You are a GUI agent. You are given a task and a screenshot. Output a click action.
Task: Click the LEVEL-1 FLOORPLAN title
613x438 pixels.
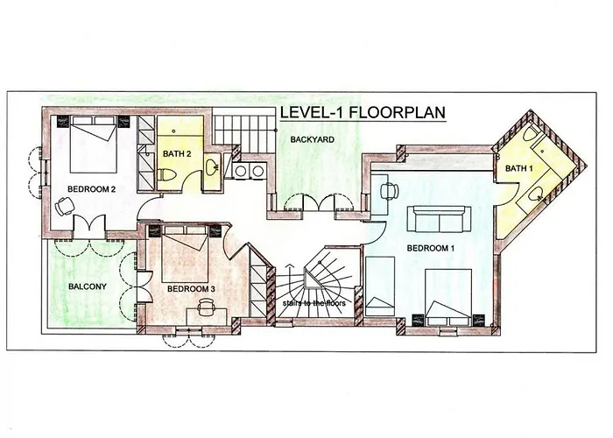[x=363, y=112]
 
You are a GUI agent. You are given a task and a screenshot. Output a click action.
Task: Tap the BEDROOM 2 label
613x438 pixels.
[x=91, y=189]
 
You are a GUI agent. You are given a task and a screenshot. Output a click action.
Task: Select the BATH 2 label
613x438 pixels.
[x=177, y=153]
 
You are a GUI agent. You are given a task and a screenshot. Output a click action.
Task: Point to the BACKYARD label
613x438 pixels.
[x=313, y=139]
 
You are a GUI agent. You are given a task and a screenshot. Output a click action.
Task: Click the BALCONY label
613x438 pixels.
[x=88, y=286]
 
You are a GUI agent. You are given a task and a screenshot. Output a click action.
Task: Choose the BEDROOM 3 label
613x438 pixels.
[x=191, y=289]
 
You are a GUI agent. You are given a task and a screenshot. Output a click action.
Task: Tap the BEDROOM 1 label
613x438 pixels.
[x=431, y=248]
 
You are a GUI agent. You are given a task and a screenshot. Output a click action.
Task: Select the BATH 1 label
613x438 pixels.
[x=518, y=168]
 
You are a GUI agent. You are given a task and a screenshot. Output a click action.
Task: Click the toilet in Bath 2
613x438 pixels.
[x=164, y=174]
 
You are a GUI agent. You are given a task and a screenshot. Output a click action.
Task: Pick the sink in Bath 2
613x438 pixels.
[x=212, y=166]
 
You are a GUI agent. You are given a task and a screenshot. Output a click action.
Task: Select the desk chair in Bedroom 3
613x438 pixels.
[x=206, y=307]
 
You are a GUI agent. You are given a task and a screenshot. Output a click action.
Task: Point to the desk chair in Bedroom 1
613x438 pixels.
[x=389, y=191]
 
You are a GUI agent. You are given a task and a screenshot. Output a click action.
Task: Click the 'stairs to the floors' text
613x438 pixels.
[x=314, y=303]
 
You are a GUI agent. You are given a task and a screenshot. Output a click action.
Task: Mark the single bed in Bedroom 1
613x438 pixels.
[x=380, y=286]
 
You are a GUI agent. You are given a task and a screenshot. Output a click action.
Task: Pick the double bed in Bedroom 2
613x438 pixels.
[x=94, y=144]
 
